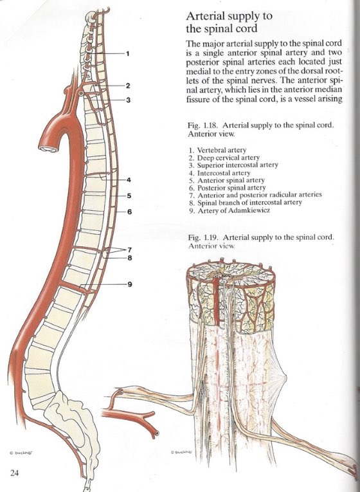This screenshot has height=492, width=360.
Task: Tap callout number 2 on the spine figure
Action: [128, 86]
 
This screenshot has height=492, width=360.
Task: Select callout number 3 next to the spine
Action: [128, 100]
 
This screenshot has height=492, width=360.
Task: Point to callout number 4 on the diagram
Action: [129, 180]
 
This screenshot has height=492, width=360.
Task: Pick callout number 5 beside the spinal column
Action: [129, 196]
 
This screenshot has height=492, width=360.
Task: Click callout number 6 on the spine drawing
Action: [129, 212]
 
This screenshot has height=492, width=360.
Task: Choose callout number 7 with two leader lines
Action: [129, 249]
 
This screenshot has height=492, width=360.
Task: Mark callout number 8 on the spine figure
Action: [129, 259]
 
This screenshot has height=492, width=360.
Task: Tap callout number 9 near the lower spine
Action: [129, 284]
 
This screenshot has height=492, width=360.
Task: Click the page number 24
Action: [15, 473]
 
